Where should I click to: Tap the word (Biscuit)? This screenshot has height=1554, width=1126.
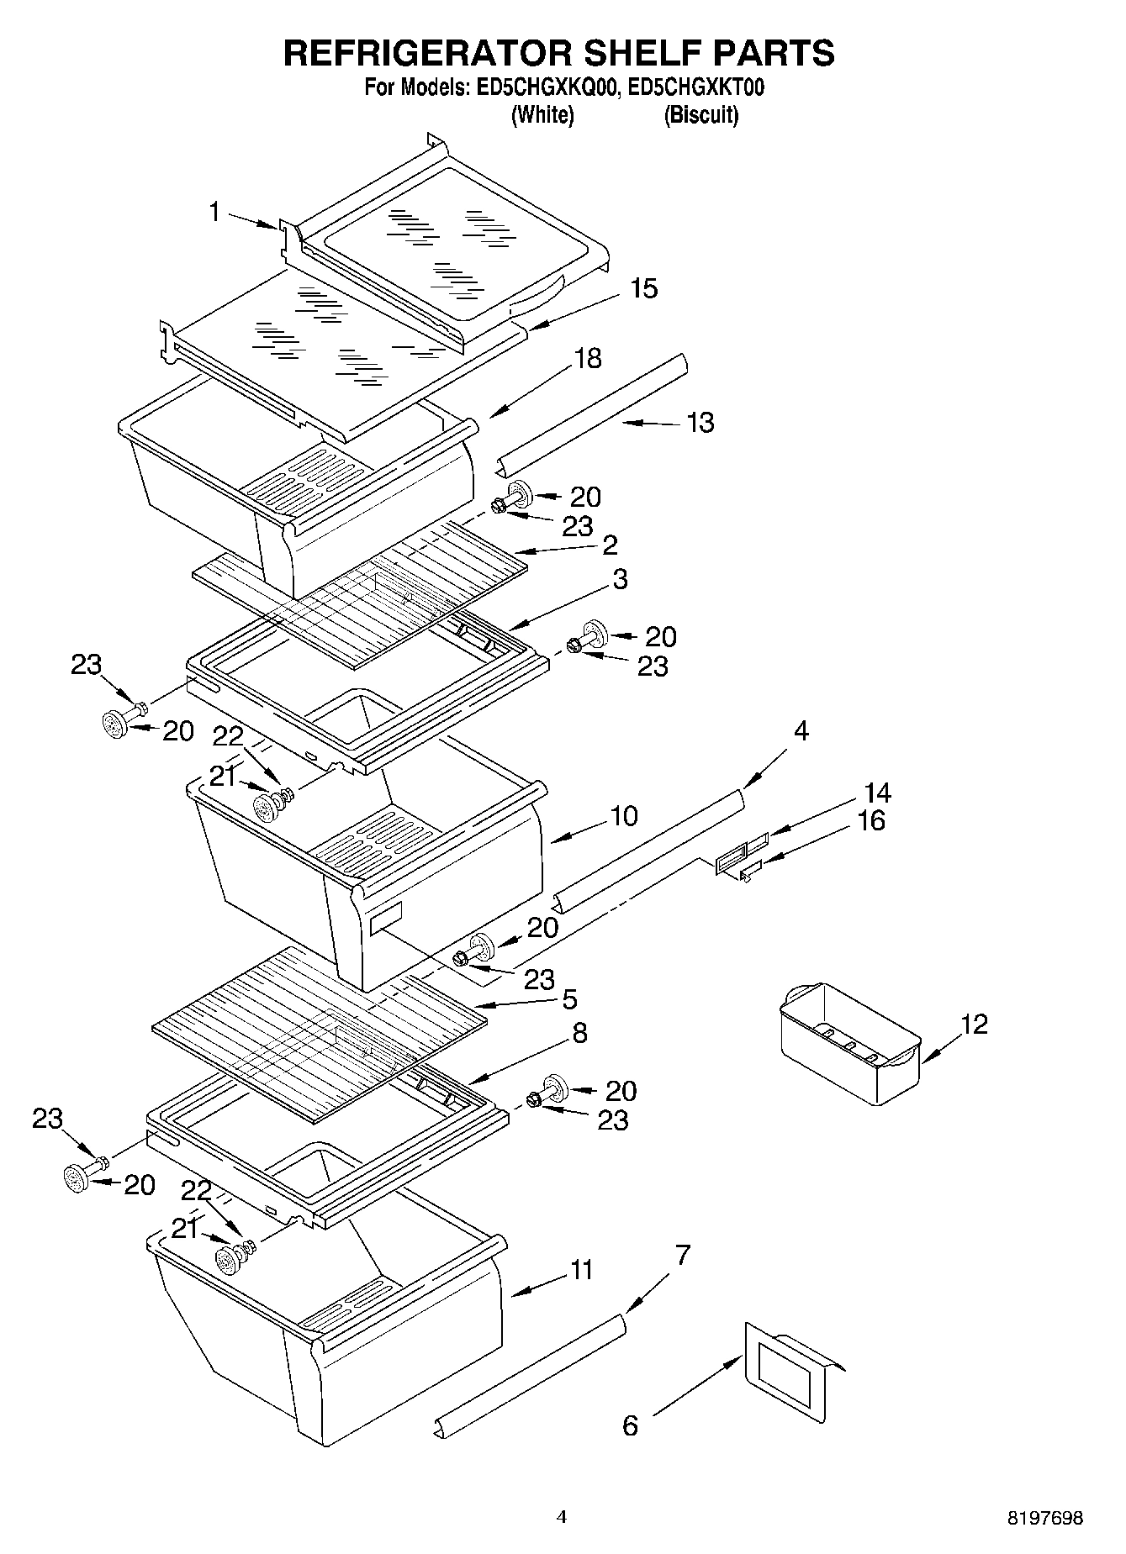click(700, 115)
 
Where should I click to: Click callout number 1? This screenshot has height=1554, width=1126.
click(215, 212)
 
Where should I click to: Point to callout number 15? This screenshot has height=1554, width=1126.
click(643, 288)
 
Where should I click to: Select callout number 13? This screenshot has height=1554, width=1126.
click(700, 422)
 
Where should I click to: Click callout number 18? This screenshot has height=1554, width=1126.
click(588, 358)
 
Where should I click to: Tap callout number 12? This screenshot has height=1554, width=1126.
click(974, 1024)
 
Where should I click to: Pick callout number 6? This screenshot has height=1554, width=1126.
click(630, 1425)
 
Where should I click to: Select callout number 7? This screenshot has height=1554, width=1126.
click(682, 1256)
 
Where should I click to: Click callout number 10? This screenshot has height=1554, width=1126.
click(623, 815)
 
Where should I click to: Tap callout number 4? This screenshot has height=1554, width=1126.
click(801, 731)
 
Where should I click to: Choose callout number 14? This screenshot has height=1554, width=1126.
click(877, 793)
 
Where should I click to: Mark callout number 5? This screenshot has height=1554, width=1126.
click(569, 999)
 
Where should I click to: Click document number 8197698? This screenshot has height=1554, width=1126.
click(1045, 1518)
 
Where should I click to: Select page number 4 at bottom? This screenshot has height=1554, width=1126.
click(562, 1517)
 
